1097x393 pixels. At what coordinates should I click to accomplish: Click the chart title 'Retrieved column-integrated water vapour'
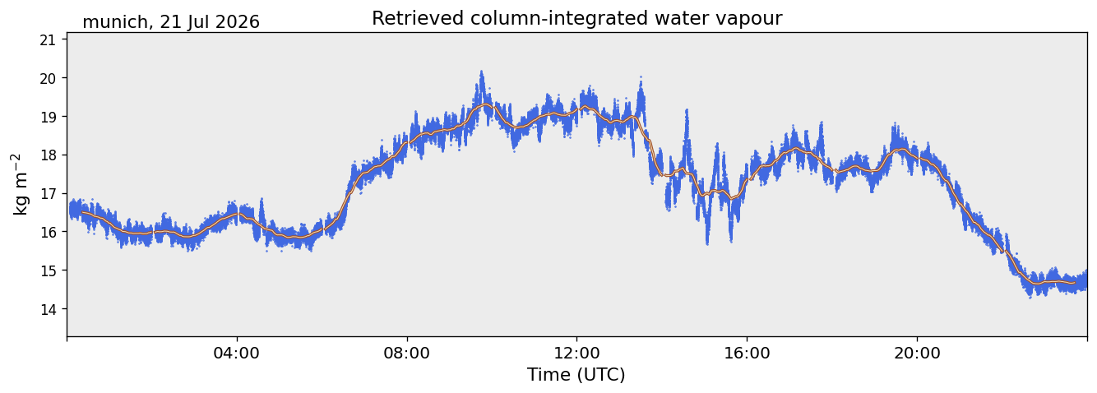tap(577, 18)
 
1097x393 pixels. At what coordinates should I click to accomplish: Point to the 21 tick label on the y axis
tap(48, 40)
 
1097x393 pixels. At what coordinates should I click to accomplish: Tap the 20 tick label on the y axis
tap(48, 78)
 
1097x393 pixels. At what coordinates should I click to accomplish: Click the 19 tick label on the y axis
tap(48, 117)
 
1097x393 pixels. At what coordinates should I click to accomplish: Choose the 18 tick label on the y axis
tap(48, 155)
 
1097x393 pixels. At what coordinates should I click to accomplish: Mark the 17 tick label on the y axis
tap(48, 194)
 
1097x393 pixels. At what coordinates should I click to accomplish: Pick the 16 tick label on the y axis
tap(48, 232)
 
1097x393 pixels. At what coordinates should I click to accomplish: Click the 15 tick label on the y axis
tap(48, 270)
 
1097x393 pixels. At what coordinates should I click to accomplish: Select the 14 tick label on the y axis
tap(48, 309)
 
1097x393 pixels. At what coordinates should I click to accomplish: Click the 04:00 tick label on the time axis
tap(237, 353)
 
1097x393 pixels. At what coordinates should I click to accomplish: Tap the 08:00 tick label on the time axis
tap(407, 353)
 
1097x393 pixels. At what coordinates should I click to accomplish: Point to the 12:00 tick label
tap(577, 353)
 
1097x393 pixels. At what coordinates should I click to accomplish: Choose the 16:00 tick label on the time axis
tap(747, 353)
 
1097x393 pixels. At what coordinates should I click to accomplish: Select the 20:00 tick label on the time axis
tap(917, 353)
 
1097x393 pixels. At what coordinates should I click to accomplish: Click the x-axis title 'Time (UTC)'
tap(576, 375)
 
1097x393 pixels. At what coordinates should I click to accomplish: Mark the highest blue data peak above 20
tap(481, 72)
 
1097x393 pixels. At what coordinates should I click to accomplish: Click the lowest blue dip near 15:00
tap(707, 243)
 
